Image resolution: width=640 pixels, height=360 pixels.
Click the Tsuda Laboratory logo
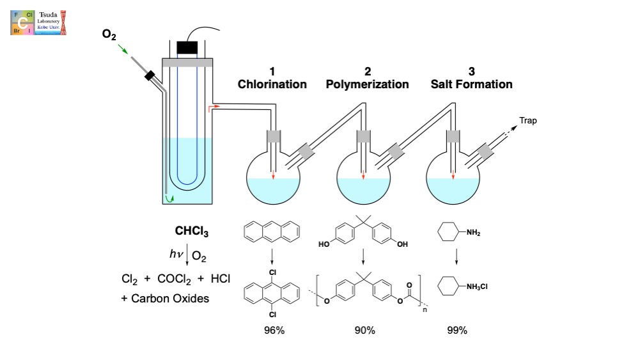pos(39,21)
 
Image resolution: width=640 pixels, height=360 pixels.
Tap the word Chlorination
pos(272,84)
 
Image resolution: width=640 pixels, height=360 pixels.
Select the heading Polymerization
pos(368,84)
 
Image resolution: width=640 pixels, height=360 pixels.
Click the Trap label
pos(528,120)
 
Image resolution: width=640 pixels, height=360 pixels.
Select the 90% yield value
pos(364,331)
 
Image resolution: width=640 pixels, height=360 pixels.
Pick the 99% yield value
pos(457,331)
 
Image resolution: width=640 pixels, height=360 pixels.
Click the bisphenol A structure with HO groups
pos(363,234)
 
